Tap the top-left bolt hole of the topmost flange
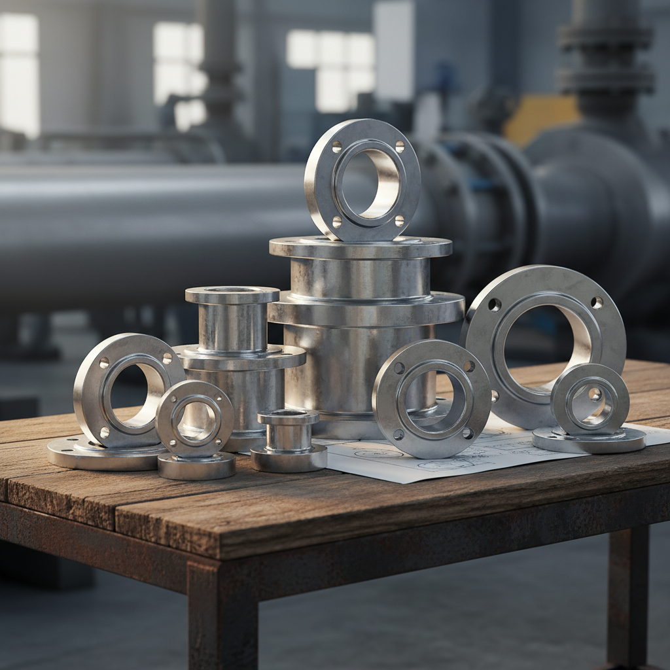tap(337, 147)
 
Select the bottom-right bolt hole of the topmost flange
tap(399, 220)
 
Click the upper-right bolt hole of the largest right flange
tap(596, 302)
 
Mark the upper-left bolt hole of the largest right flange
tap(495, 304)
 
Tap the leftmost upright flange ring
tap(92, 393)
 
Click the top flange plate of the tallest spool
tap(360, 247)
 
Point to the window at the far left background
tap(18, 72)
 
